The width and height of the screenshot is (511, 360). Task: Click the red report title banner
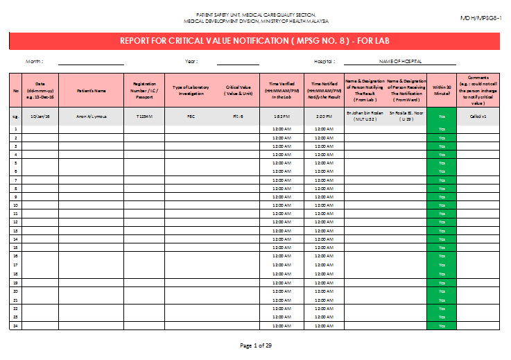255,41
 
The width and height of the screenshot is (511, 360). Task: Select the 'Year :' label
191,62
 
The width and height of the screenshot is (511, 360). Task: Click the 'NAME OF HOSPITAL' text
401,62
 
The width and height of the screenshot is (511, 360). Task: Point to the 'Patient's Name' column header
91,90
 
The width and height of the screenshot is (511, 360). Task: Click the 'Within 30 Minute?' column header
441,90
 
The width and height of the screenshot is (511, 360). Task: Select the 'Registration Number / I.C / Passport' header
144,90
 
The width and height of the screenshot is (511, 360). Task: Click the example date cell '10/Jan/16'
40,116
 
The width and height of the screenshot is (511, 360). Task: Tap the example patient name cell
91,116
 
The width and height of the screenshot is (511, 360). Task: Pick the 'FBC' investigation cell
191,116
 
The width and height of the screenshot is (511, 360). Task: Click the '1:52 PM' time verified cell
281,116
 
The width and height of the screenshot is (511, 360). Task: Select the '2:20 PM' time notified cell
324,116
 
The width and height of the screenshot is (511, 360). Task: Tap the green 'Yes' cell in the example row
441,116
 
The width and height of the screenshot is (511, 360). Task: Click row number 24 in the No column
15,325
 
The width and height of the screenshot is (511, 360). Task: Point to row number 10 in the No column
15,205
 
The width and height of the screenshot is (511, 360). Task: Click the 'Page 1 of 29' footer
255,345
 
